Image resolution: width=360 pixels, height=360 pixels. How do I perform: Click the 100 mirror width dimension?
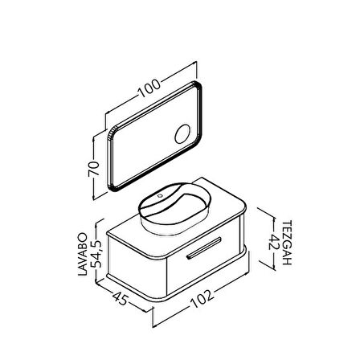pyautogui.click(x=149, y=88)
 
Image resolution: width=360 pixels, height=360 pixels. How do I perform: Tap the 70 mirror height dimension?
pyautogui.click(x=94, y=169)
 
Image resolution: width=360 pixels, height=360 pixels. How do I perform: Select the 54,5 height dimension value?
pyautogui.click(x=96, y=254)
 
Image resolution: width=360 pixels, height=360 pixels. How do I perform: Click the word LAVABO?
pyautogui.click(x=83, y=254)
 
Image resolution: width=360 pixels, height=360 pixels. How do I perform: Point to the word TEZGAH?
pyautogui.click(x=287, y=243)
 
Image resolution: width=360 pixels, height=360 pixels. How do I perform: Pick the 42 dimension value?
pyautogui.click(x=274, y=242)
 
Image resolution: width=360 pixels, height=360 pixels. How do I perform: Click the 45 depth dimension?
pyautogui.click(x=120, y=298)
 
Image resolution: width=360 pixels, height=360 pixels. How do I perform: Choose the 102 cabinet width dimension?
pyautogui.click(x=202, y=299)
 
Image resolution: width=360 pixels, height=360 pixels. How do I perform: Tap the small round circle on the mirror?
pyautogui.click(x=182, y=134)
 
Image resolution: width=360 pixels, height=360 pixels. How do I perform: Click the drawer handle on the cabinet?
pyautogui.click(x=204, y=248)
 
